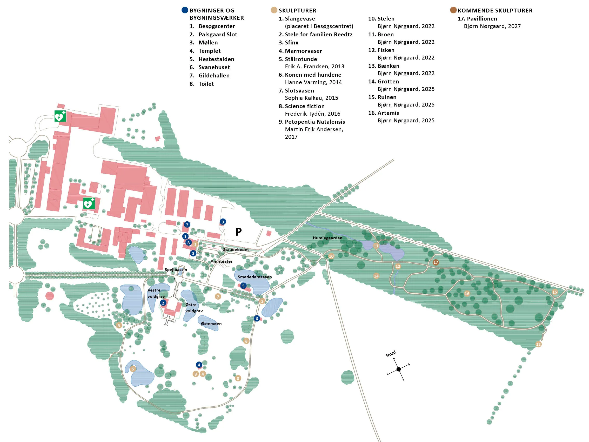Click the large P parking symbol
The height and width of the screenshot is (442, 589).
click(x=238, y=232)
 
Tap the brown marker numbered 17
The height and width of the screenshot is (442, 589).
click(x=436, y=262)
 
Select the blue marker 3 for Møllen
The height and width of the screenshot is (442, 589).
click(x=223, y=222)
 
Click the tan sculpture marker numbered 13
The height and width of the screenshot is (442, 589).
click(x=538, y=345)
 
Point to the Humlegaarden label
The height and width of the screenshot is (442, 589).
click(x=327, y=238)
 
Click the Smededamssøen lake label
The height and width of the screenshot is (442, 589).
click(x=255, y=277)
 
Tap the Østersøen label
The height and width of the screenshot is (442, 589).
click(x=211, y=324)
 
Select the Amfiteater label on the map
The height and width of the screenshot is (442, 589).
click(x=222, y=261)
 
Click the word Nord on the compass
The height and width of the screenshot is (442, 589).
click(x=391, y=354)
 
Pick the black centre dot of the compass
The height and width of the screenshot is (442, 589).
click(x=399, y=369)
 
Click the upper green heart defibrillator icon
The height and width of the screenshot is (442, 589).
click(x=60, y=116)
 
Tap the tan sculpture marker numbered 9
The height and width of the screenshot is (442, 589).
click(x=119, y=326)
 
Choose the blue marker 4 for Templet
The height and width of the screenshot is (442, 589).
click(x=199, y=365)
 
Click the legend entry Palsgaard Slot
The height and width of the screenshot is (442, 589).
click(x=218, y=34)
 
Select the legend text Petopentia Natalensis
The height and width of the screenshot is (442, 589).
click(x=315, y=122)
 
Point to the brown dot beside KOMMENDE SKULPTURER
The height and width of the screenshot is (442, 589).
click(x=453, y=10)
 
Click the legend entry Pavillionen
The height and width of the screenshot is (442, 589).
click(x=482, y=19)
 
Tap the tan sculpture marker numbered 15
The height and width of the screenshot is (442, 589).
click(x=555, y=292)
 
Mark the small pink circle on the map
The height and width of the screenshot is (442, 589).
click(x=50, y=296)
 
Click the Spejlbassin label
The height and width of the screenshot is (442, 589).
click(x=176, y=270)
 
